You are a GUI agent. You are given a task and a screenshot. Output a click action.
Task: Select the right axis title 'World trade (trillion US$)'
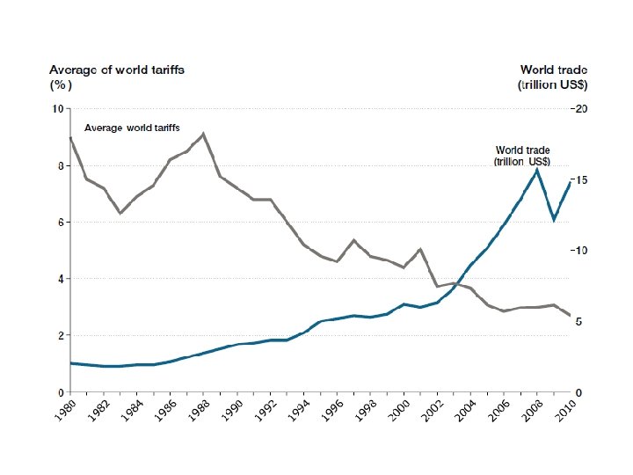click(x=553, y=77)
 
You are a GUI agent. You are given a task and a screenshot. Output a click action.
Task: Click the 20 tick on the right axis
click(x=579, y=109)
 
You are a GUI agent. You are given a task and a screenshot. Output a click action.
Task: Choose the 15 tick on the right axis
click(x=579, y=180)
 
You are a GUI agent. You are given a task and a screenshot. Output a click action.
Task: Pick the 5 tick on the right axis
click(x=578, y=322)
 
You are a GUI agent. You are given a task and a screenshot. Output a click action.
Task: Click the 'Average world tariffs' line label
click(x=132, y=128)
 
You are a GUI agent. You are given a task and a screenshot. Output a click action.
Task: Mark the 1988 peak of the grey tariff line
click(x=203, y=134)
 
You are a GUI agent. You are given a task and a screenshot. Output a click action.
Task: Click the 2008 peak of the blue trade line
click(x=536, y=170)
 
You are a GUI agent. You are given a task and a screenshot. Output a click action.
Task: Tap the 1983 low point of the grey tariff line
click(x=120, y=213)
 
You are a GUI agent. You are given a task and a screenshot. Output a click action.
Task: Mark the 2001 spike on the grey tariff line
click(x=420, y=250)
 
